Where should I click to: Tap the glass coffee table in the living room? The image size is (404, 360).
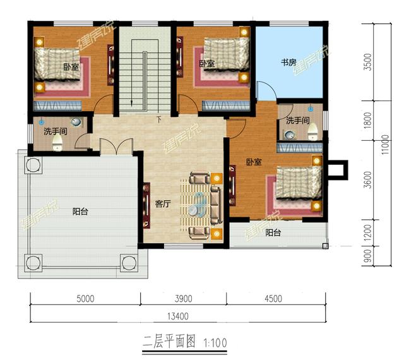(198, 206)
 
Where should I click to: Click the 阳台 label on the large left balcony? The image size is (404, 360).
(80, 212)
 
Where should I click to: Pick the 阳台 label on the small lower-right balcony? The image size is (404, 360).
(273, 233)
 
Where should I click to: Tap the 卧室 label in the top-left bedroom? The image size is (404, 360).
(70, 66)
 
